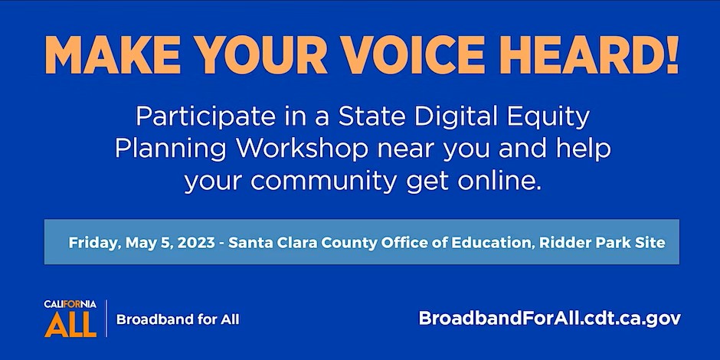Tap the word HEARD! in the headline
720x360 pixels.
[x=591, y=54]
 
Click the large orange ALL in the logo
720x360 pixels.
[x=70, y=324]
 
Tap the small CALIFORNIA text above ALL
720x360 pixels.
[x=70, y=304]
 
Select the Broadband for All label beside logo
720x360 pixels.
[x=178, y=319]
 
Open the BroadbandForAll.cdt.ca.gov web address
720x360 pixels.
[x=550, y=319]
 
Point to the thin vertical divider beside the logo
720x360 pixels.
[x=106, y=319]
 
